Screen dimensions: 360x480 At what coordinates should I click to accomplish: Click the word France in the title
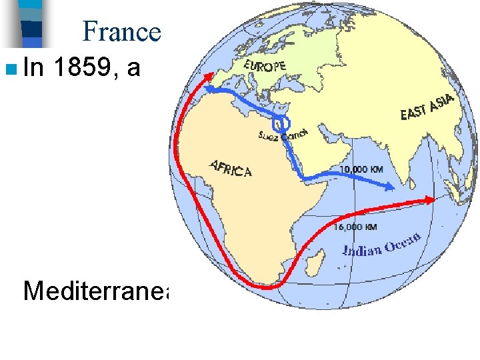pyautogui.click(x=122, y=31)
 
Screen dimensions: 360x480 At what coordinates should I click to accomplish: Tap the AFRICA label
pyautogui.click(x=231, y=169)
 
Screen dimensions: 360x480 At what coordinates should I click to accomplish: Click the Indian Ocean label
pyautogui.click(x=381, y=245)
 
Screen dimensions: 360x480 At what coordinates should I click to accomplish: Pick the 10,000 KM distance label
pyautogui.click(x=362, y=169)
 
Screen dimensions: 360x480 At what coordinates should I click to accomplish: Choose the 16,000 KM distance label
pyautogui.click(x=355, y=227)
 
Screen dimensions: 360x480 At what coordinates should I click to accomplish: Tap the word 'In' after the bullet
pyautogui.click(x=35, y=67)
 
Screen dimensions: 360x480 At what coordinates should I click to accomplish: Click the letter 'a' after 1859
pyautogui.click(x=133, y=67)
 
